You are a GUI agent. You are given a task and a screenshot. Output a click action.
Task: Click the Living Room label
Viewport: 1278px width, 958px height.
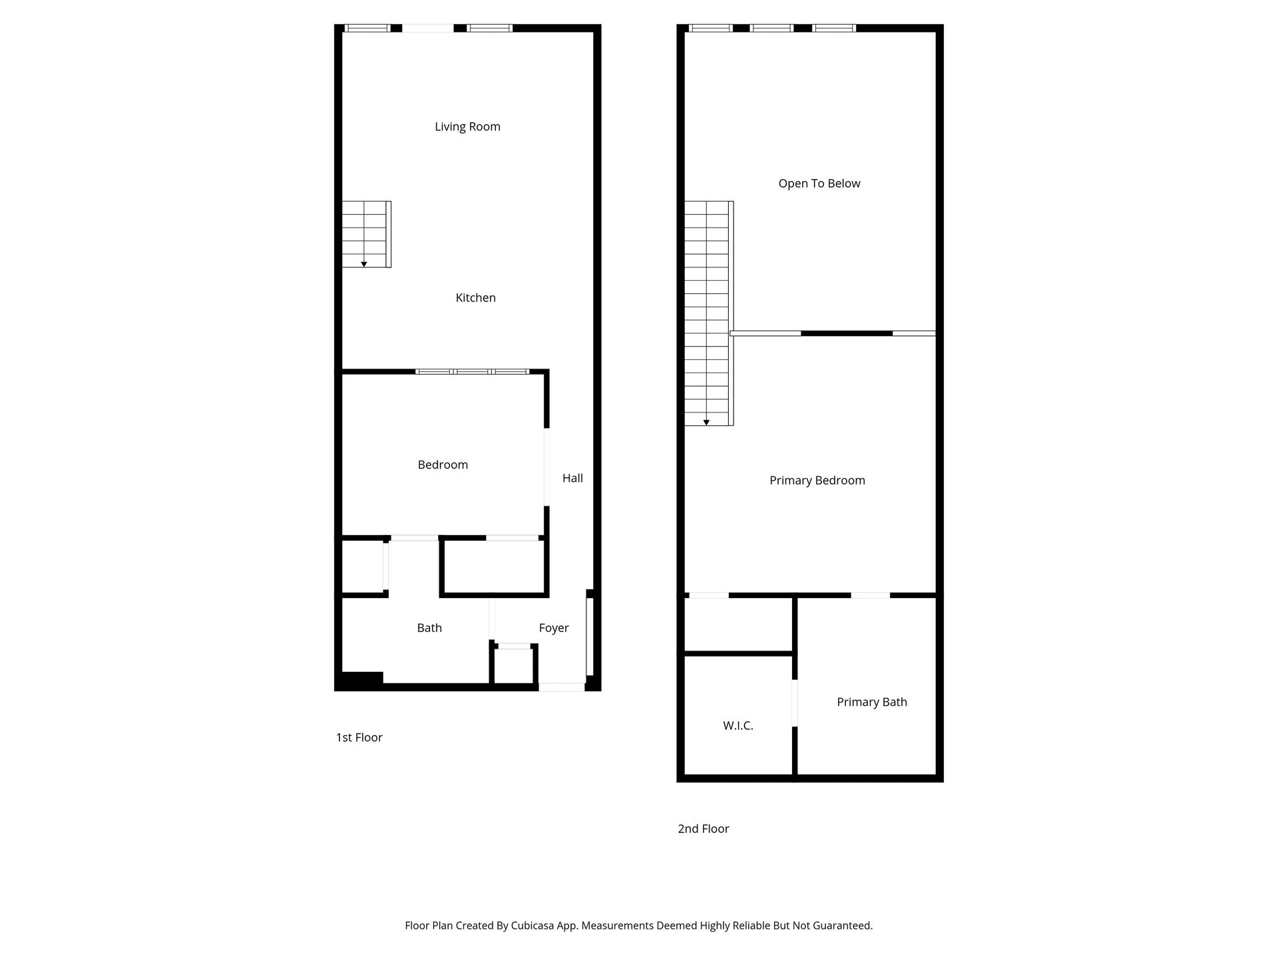tap(467, 126)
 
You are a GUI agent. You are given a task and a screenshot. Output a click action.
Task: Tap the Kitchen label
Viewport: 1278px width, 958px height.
tap(475, 297)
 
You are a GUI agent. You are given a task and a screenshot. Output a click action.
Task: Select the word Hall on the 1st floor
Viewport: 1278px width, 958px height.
tap(572, 478)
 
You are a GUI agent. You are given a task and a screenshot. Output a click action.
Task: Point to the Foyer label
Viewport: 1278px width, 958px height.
tap(554, 628)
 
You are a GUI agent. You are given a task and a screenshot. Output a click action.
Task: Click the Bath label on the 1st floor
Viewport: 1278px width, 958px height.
tap(429, 627)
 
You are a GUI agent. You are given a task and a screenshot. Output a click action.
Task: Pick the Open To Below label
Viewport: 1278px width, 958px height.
tap(819, 184)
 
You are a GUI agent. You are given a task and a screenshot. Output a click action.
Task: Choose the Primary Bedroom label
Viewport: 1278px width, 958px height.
tap(817, 480)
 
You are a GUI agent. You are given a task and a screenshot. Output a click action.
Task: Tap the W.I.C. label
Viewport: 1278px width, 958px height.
tap(738, 726)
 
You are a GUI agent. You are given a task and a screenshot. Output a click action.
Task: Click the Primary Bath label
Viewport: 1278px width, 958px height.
tap(872, 702)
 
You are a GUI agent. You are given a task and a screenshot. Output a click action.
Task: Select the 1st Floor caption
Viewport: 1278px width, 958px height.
tap(359, 737)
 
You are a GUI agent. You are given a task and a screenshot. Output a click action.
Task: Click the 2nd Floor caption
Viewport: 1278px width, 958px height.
tap(704, 828)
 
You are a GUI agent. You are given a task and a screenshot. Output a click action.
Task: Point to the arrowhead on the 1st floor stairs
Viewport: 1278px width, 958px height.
tap(364, 264)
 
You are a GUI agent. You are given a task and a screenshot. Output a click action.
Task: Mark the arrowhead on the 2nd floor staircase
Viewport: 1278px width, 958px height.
tap(706, 422)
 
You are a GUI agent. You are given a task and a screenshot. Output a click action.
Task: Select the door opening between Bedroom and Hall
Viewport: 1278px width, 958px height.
tap(547, 467)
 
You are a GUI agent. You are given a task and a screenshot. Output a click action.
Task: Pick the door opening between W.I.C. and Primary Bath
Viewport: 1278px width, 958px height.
tap(795, 703)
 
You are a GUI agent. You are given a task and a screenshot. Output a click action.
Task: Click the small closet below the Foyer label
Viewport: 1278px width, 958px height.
tap(514, 665)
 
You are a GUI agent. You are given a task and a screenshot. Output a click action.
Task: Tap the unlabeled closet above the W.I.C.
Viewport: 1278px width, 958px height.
tap(738, 624)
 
